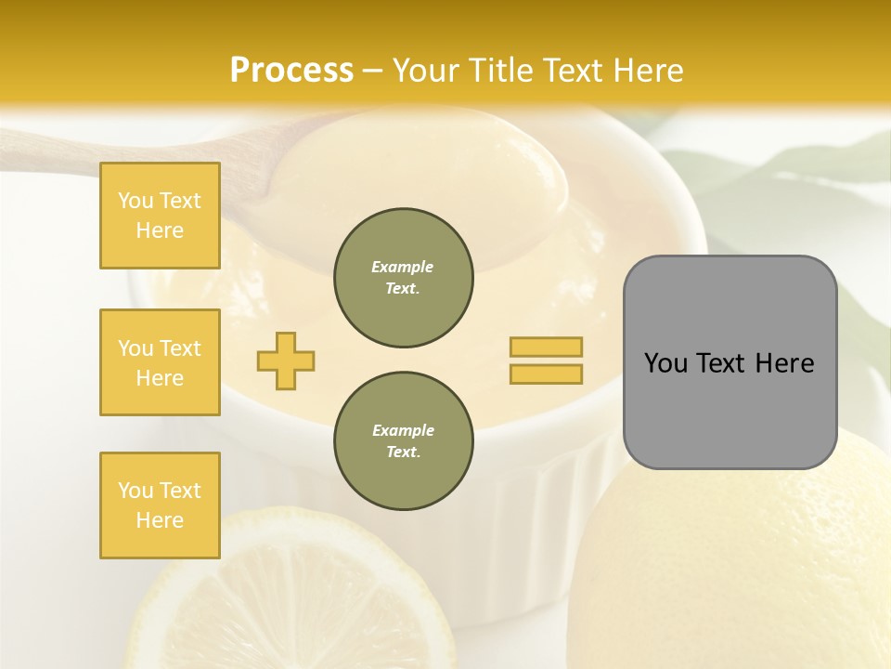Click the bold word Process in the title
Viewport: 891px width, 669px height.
[x=291, y=71]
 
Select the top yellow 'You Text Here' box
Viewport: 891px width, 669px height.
[x=160, y=216]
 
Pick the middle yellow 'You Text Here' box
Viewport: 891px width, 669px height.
[x=160, y=362]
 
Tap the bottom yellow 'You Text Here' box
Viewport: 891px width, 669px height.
[x=160, y=505]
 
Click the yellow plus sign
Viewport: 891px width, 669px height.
[x=286, y=361]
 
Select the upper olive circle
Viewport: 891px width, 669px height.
[x=403, y=277]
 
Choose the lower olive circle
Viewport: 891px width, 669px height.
[x=403, y=440]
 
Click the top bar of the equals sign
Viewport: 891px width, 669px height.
[x=546, y=347]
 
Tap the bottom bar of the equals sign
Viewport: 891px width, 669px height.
[x=546, y=374]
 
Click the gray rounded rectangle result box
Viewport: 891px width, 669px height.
[x=730, y=409]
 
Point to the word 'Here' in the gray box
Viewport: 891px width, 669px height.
[x=784, y=363]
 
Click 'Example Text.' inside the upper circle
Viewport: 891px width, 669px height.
[x=403, y=277]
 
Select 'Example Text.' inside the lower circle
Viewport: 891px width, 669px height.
[x=403, y=440]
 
